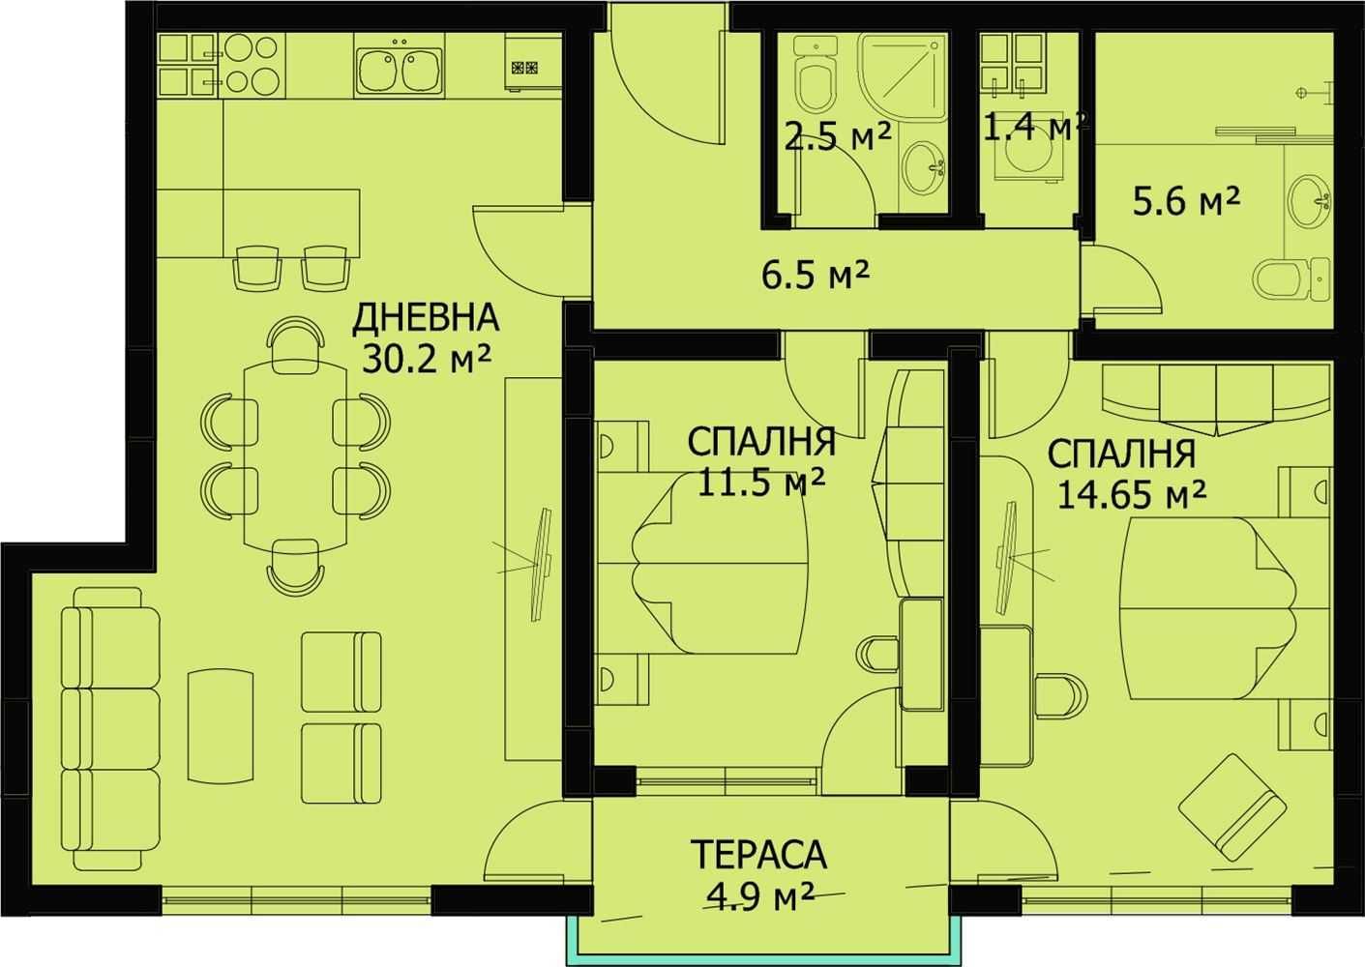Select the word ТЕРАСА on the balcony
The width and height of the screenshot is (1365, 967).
coord(758,855)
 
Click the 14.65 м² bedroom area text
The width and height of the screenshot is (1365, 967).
coord(1131,494)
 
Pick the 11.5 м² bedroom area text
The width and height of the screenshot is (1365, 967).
coord(761,481)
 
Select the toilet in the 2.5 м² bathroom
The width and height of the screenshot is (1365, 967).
coord(816,81)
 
